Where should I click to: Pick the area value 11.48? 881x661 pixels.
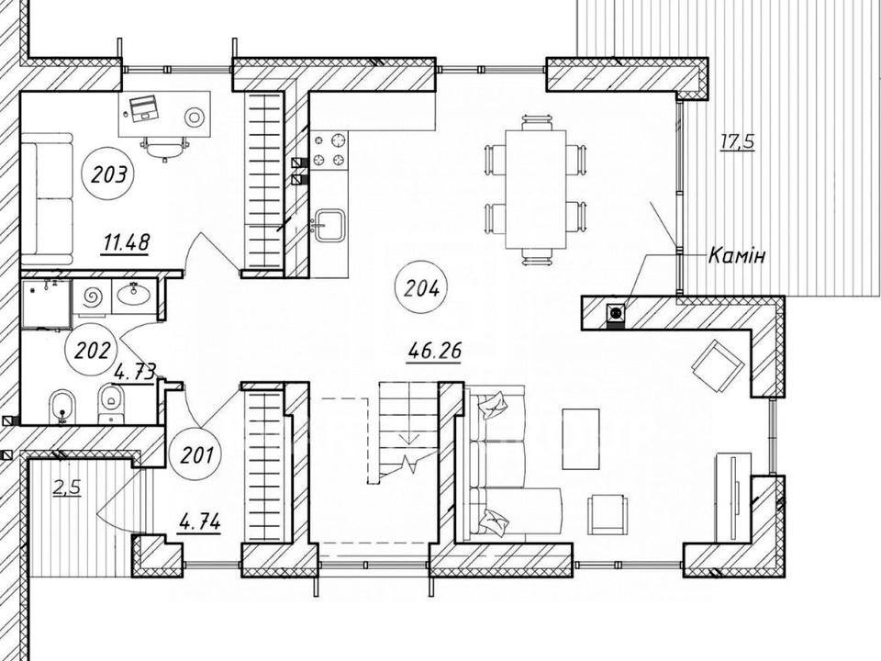126,243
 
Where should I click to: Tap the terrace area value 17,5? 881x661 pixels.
738,141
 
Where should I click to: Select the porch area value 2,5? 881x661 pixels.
67,487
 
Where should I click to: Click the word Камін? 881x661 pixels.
737,256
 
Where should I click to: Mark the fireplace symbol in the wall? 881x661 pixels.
616,312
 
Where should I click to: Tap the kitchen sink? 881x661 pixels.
329,225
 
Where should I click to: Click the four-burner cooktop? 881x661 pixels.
329,150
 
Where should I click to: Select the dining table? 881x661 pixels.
535,189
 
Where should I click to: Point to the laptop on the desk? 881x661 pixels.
144,107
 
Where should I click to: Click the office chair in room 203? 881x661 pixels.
164,147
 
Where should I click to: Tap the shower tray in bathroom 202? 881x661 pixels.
46,304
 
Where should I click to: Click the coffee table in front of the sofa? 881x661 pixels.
581,439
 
